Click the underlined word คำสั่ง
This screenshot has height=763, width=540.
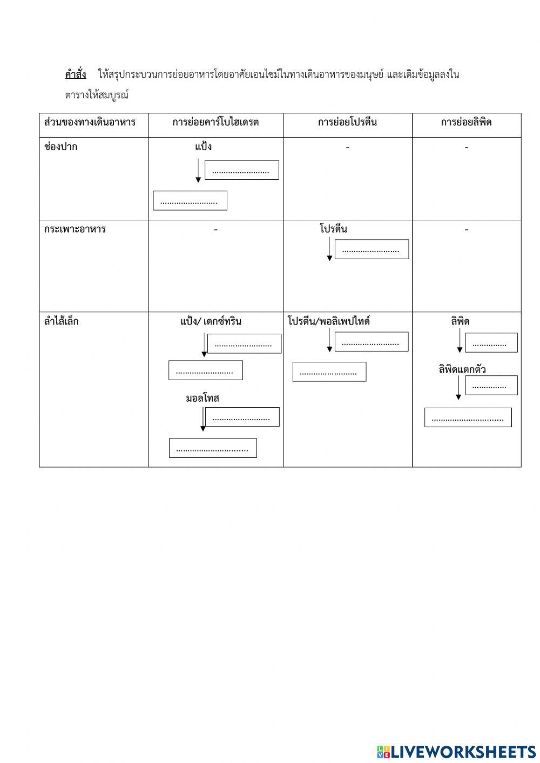[x=76, y=75]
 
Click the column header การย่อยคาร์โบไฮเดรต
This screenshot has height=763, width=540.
[x=215, y=122]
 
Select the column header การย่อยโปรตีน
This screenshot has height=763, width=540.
[x=347, y=122]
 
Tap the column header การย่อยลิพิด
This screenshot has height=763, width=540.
[x=466, y=122]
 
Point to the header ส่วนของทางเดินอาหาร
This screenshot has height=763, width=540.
[x=90, y=122]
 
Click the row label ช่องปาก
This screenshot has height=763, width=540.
[x=60, y=147]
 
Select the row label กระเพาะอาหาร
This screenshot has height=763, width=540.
[x=75, y=229]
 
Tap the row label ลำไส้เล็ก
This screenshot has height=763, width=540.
[x=62, y=321]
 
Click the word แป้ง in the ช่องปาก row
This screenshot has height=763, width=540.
[x=203, y=147]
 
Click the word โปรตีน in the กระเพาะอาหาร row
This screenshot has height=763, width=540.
[x=333, y=229]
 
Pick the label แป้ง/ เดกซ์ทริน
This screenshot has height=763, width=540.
[x=211, y=321]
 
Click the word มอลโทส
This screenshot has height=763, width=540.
[x=202, y=399]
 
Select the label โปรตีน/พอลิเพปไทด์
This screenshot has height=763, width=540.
[x=329, y=321]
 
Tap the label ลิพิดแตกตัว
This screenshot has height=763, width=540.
[x=462, y=370]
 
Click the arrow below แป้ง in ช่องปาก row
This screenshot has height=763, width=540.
[x=198, y=170]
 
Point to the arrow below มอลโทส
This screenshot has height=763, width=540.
[x=203, y=419]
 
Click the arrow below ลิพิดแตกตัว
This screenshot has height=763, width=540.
[x=458, y=387]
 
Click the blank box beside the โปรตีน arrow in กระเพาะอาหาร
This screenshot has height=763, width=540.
[x=372, y=249]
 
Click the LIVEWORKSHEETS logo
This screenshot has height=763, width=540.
[x=456, y=752]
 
